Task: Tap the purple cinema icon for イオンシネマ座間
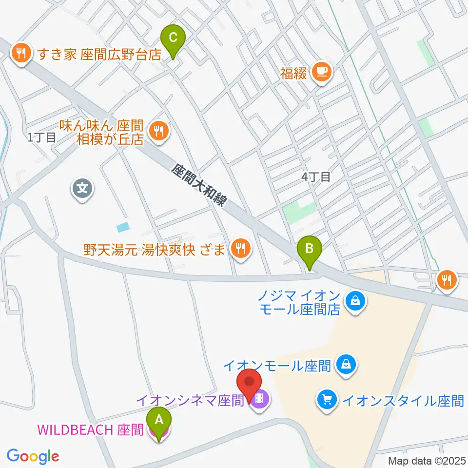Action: pyautogui.click(x=261, y=400)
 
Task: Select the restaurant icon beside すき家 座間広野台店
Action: pyautogui.click(x=20, y=53)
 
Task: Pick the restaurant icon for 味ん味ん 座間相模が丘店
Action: pyautogui.click(x=158, y=130)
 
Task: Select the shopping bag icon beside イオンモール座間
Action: pyautogui.click(x=346, y=364)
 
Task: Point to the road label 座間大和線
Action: pyautogui.click(x=199, y=185)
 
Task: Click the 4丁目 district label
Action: pyautogui.click(x=315, y=177)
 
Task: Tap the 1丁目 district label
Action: pyautogui.click(x=41, y=137)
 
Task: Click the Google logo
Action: pyautogui.click(x=33, y=456)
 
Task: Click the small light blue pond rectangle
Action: pyautogui.click(x=124, y=227)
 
